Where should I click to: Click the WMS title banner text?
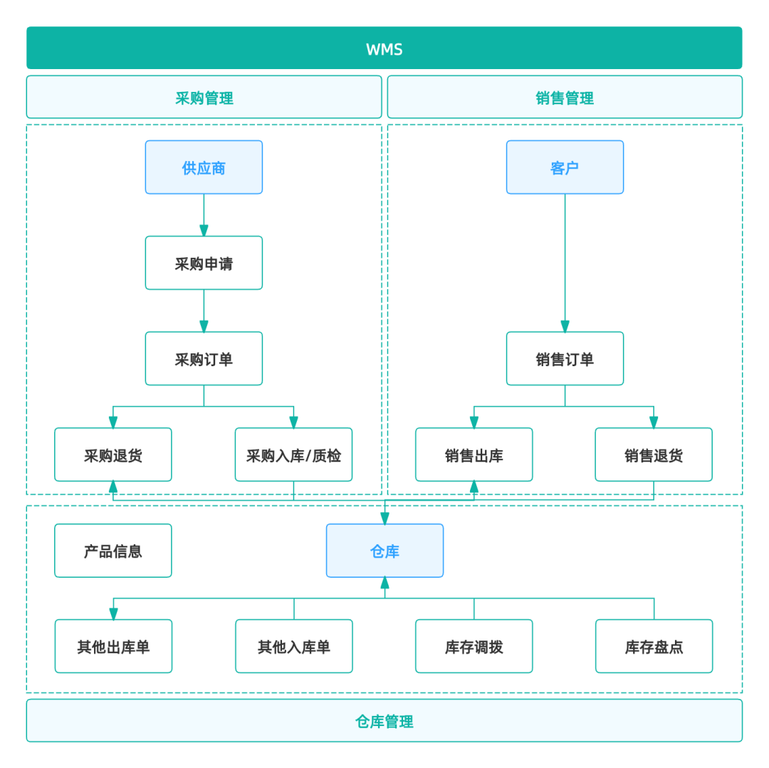(x=384, y=49)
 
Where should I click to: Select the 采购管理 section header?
(x=204, y=98)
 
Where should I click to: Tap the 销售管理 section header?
(x=565, y=98)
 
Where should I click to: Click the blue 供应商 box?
(x=204, y=167)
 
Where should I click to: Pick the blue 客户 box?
(x=565, y=167)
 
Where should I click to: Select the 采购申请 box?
(x=204, y=264)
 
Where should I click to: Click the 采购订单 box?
(x=204, y=359)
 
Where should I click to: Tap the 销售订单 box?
(x=565, y=359)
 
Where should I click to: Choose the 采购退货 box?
(x=113, y=455)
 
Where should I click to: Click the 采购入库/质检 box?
(x=293, y=455)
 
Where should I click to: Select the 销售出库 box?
(x=474, y=455)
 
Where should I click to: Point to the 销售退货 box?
(x=654, y=455)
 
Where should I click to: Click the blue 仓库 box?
(x=384, y=551)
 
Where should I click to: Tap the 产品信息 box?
(x=113, y=551)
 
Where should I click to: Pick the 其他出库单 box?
(x=113, y=647)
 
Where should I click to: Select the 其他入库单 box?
(x=294, y=647)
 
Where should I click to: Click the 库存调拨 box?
(x=474, y=647)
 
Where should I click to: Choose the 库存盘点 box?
(x=654, y=647)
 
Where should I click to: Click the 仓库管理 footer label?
(x=384, y=721)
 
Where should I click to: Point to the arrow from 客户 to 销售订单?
(x=565, y=264)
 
